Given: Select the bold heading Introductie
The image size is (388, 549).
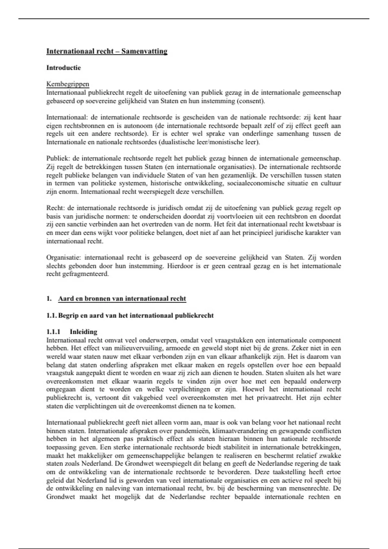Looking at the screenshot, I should click(x=63, y=68).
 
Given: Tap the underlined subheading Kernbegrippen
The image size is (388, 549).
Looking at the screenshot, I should click(x=68, y=84).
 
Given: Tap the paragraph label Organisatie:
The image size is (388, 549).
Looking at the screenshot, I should click(x=64, y=258).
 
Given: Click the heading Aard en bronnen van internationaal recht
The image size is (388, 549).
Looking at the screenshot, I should click(x=122, y=299).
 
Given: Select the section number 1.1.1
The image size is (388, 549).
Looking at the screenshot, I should click(x=53, y=332).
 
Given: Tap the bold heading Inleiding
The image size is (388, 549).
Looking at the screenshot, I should click(x=83, y=332).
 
